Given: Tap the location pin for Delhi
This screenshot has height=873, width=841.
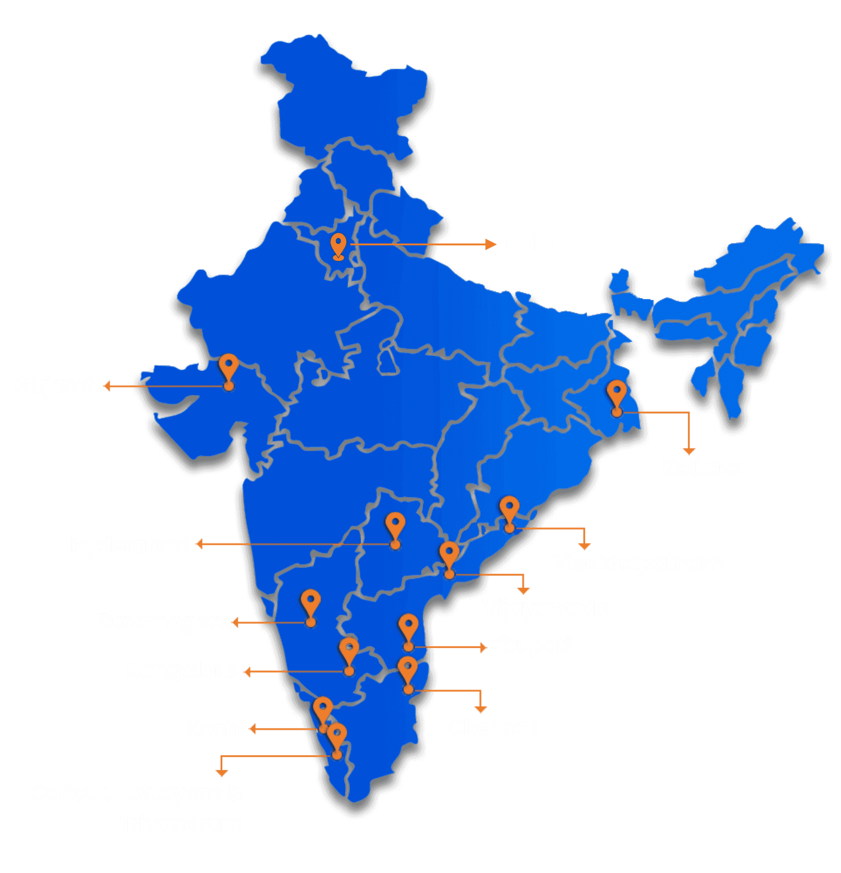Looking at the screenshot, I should click(339, 245).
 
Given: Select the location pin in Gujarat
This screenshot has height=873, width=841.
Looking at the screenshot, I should click(228, 370).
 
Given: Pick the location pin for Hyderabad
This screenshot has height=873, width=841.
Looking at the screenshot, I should click(395, 528).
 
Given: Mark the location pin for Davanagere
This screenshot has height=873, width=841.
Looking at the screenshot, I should click(311, 605).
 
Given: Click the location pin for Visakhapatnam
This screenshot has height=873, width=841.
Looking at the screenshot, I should click(509, 512).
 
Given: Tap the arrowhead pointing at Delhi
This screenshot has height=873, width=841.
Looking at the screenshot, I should click(491, 244).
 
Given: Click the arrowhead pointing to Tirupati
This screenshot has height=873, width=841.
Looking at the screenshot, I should click(483, 647).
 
